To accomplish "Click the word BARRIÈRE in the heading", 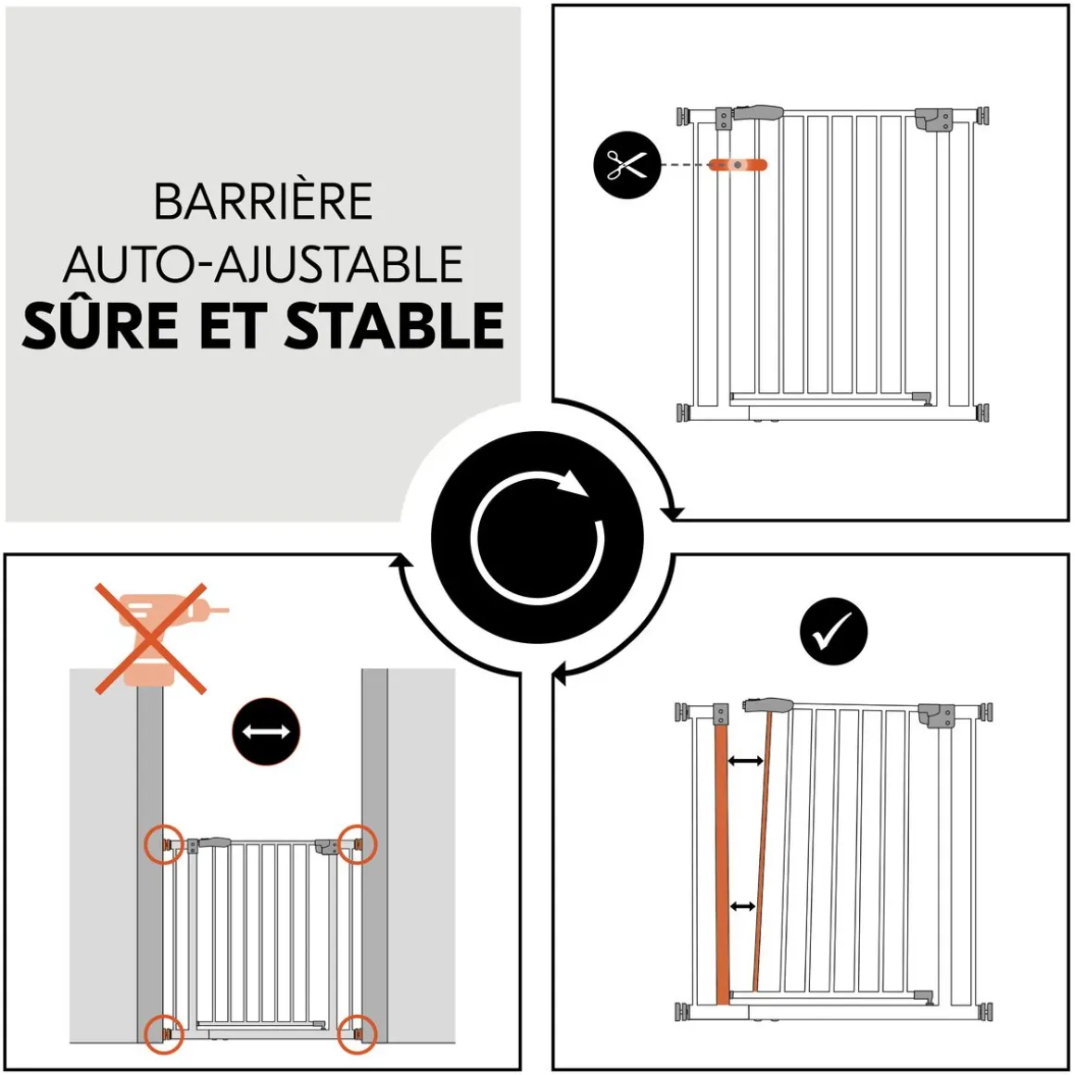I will click(x=263, y=202).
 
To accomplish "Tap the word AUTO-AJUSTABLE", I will click(x=263, y=265).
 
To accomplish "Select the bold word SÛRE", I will click(x=100, y=326).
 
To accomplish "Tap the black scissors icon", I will click(x=626, y=165).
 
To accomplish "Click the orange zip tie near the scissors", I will click(x=738, y=165).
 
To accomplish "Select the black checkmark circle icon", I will click(x=833, y=631).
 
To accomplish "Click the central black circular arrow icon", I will click(x=537, y=537).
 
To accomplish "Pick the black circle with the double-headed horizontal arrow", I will click(x=266, y=731).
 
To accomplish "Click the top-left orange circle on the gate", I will click(x=165, y=844).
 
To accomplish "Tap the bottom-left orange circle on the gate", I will click(x=165, y=1031).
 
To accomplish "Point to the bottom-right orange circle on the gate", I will click(x=357, y=1031).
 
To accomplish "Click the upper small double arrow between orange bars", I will click(x=746, y=761).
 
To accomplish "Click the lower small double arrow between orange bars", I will click(x=742, y=905).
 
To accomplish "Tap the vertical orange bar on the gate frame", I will click(x=722, y=862).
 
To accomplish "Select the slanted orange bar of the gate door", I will click(x=762, y=862).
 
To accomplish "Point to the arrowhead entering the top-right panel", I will click(x=674, y=512).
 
